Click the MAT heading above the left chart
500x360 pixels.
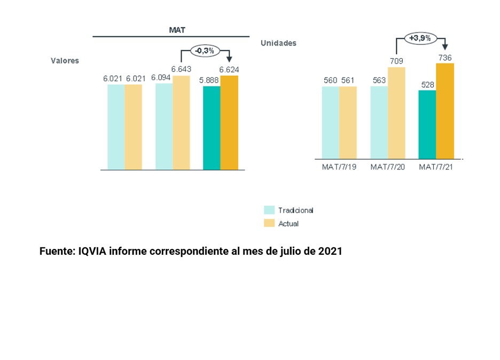pos(177,30)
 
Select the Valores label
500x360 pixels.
pos(65,60)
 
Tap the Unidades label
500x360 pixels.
pos(278,43)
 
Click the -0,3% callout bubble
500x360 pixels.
pos(205,51)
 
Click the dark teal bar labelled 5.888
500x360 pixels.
pos(212,128)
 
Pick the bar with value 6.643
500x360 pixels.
pos(181,123)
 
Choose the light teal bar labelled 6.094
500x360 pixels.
pos(163,126)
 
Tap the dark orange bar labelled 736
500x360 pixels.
pos(445,111)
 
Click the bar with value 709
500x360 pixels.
pos(396,113)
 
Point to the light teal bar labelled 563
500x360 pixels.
pos(379,122)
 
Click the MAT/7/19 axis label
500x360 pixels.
pos(339,167)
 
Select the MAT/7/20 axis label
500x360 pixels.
pos(387,167)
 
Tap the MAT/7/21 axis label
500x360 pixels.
pos(436,167)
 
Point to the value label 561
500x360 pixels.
pos(347,81)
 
